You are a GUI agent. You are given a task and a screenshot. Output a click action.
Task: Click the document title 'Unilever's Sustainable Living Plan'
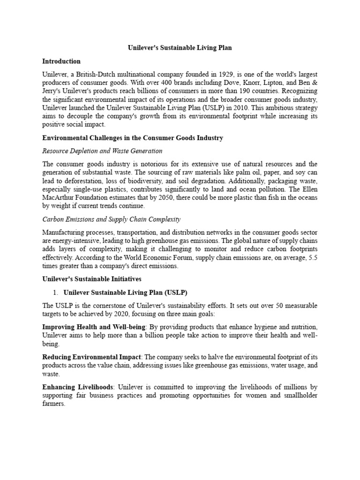(x=180, y=48)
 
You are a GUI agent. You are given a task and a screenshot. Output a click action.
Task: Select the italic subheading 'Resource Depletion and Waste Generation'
(x=102, y=151)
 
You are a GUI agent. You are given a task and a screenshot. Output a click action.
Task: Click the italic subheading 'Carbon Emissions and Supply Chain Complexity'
(x=111, y=219)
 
